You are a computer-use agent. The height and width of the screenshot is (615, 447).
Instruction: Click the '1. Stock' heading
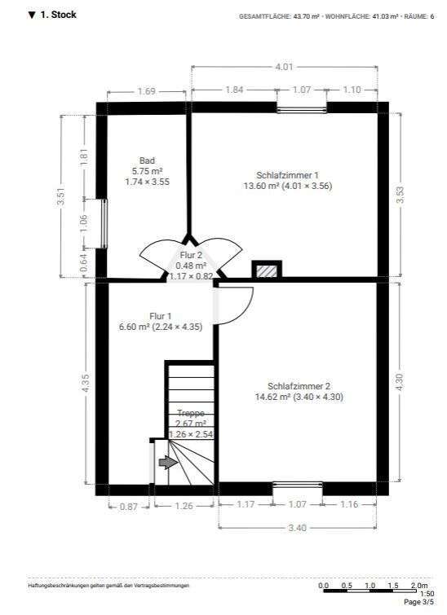[57, 15]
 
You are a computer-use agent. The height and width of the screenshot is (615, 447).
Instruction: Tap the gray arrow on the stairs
[167, 463]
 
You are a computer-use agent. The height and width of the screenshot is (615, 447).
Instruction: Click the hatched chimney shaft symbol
[267, 270]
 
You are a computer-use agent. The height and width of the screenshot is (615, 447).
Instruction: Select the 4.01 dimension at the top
[283, 67]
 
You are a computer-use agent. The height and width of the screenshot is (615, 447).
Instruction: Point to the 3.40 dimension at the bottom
[299, 528]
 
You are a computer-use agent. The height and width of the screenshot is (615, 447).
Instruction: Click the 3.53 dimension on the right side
[400, 195]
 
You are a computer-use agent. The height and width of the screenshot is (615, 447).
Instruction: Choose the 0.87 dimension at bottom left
[128, 506]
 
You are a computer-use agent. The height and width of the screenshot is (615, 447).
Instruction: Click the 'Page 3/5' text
[422, 603]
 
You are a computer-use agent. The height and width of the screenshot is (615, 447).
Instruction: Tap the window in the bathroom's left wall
[104, 222]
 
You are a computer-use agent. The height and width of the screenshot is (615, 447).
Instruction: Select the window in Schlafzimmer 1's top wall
[301, 108]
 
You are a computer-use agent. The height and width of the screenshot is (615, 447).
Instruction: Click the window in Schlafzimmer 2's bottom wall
[299, 489]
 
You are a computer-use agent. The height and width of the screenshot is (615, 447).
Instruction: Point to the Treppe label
[191, 414]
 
